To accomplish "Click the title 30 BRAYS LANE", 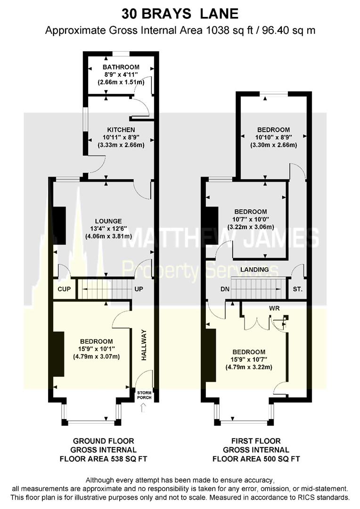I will coord(180,14).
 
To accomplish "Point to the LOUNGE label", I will coord(108,221).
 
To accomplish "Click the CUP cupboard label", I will coord(64,289).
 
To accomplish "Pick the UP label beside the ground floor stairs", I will coord(139,288).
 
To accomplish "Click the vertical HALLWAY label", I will coord(145,345).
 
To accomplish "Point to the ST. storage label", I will coord(297,289).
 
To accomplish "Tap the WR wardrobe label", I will coord(275,308).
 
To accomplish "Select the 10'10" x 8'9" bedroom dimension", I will coord(273,137).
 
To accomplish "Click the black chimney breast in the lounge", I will coord(59,225).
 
